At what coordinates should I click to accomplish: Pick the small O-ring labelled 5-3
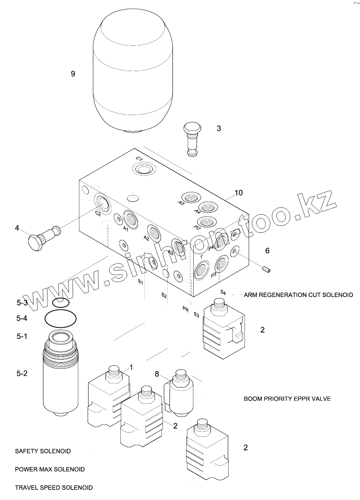coord(61,302)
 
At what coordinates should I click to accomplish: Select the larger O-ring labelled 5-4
coord(61,319)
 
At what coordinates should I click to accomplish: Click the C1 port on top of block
coord(144,169)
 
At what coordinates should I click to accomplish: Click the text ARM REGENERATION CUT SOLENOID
coord(298,295)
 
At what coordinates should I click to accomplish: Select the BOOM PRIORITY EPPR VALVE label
coord(287,398)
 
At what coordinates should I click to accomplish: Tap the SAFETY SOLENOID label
coord(43,451)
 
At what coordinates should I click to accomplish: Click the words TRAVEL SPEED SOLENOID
coord(53,488)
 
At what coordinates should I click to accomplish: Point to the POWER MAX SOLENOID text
coord(50,469)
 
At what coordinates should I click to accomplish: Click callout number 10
coord(238,193)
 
